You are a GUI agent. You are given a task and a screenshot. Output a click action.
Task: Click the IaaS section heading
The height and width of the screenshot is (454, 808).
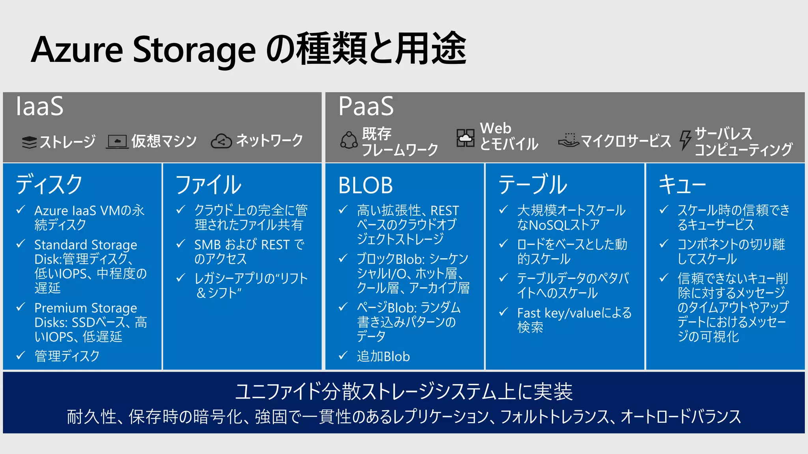tap(39, 106)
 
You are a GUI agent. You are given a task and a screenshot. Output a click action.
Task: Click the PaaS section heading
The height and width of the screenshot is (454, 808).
tap(366, 106)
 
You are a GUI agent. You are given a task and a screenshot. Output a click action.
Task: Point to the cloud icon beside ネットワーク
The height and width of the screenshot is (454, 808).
tap(221, 141)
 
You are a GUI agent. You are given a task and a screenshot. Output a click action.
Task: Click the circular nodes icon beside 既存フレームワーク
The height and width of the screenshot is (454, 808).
tap(349, 140)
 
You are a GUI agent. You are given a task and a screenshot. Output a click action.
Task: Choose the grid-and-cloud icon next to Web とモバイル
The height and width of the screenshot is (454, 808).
tap(466, 138)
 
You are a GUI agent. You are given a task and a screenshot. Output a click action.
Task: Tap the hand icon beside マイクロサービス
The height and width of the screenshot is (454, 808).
tap(569, 140)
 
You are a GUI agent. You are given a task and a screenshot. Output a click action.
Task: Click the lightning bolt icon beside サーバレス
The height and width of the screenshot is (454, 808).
tap(685, 140)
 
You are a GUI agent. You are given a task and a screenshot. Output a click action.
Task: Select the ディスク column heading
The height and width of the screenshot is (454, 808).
tap(49, 184)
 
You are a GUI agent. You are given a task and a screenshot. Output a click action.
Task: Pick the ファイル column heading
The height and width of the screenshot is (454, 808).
tap(208, 184)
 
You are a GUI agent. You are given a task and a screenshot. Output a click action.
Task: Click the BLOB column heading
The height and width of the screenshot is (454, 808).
tap(366, 185)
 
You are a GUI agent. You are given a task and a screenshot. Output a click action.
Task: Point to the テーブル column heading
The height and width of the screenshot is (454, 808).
tap(533, 184)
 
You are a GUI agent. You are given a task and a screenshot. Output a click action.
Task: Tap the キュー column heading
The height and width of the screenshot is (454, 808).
tap(682, 184)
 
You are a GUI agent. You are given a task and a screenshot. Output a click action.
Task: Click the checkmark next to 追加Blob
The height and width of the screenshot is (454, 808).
tap(343, 355)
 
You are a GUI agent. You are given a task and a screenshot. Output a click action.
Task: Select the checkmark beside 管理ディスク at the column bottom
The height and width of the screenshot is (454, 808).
tap(21, 355)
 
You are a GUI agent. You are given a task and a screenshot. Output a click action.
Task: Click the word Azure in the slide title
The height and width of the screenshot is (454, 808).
tap(77, 50)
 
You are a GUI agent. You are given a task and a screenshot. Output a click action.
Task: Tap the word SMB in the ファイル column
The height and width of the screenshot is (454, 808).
tap(208, 245)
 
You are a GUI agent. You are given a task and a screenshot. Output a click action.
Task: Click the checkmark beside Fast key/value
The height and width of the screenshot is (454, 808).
tap(503, 313)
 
